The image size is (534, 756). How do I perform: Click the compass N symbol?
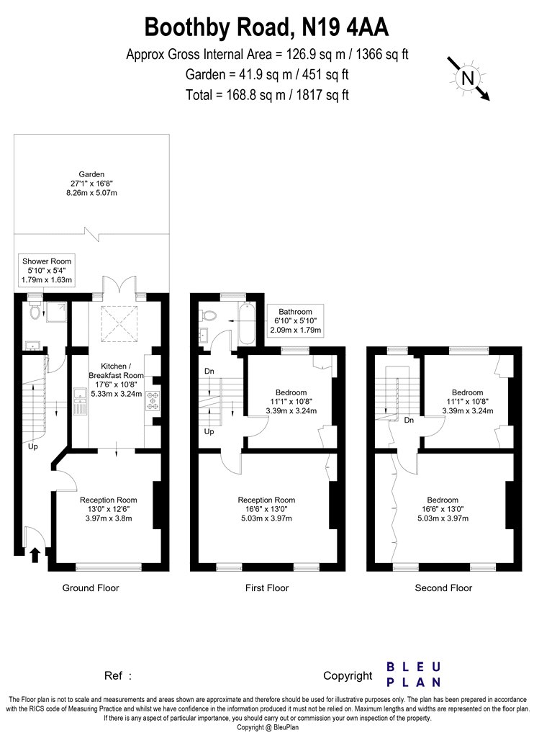click(468, 78)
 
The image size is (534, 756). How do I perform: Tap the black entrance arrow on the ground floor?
click(35, 555)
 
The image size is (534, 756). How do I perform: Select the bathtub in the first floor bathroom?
click(247, 323)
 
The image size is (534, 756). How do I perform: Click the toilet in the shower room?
click(35, 312)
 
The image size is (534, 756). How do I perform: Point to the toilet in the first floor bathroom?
click(209, 316)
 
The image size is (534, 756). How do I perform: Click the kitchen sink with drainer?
click(80, 401)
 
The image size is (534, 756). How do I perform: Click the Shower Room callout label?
click(47, 271)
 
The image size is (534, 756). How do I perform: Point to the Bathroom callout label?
click(296, 320)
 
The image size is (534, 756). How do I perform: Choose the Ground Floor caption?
click(91, 588)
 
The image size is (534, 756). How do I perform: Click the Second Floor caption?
click(443, 588)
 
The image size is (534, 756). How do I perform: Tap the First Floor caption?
click(266, 588)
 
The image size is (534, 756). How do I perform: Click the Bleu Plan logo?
click(414, 675)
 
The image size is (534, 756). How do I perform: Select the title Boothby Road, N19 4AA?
click(266, 27)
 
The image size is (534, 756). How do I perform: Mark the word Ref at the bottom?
click(113, 675)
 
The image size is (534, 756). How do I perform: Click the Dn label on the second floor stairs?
click(409, 420)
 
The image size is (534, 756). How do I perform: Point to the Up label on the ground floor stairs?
click(33, 447)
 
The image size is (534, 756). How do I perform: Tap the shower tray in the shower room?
click(55, 312)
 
